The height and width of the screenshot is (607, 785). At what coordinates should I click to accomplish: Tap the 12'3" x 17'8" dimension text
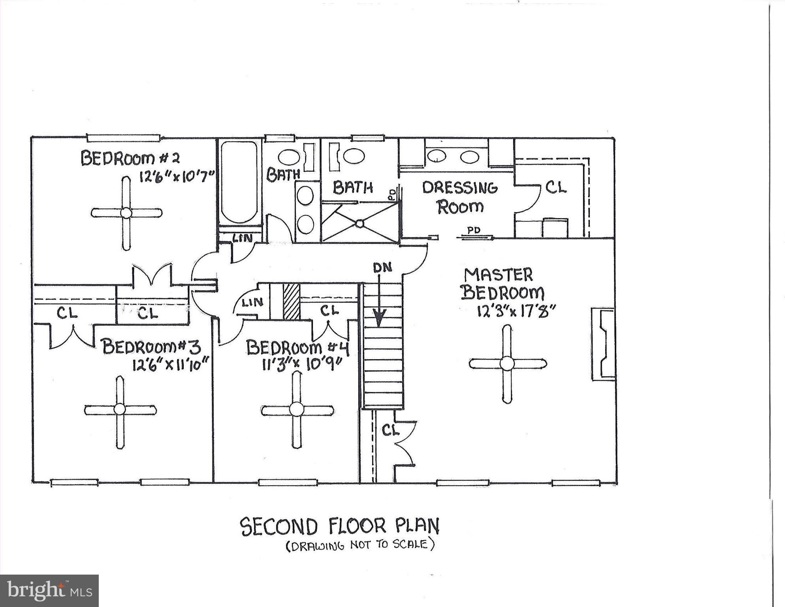click(x=516, y=311)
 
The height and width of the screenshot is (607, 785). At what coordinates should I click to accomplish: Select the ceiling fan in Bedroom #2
click(x=126, y=213)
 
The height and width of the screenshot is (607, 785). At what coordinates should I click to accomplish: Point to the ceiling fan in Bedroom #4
click(x=296, y=410)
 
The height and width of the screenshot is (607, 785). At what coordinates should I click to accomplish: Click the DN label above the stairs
click(x=382, y=268)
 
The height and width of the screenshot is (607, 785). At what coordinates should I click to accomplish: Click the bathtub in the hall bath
click(x=239, y=182)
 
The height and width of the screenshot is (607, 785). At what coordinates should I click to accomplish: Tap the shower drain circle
click(x=359, y=224)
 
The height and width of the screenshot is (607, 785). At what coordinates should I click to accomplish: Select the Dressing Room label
click(x=460, y=197)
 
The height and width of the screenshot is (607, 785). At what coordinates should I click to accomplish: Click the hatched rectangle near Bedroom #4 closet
click(x=292, y=302)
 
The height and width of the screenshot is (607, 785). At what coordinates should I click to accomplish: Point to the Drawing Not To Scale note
click(x=360, y=546)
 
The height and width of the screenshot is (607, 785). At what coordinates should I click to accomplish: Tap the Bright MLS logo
click(x=49, y=590)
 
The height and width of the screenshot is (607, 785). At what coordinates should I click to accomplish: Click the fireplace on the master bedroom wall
click(x=603, y=344)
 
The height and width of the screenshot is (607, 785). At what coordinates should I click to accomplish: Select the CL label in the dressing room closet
click(x=556, y=187)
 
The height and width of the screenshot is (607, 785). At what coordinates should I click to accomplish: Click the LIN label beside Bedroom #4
click(x=252, y=303)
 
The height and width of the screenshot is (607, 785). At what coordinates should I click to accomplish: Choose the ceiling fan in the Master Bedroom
click(x=507, y=364)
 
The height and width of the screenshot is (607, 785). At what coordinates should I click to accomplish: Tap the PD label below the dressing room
click(x=474, y=230)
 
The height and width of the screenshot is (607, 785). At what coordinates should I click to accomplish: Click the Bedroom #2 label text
click(x=130, y=158)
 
